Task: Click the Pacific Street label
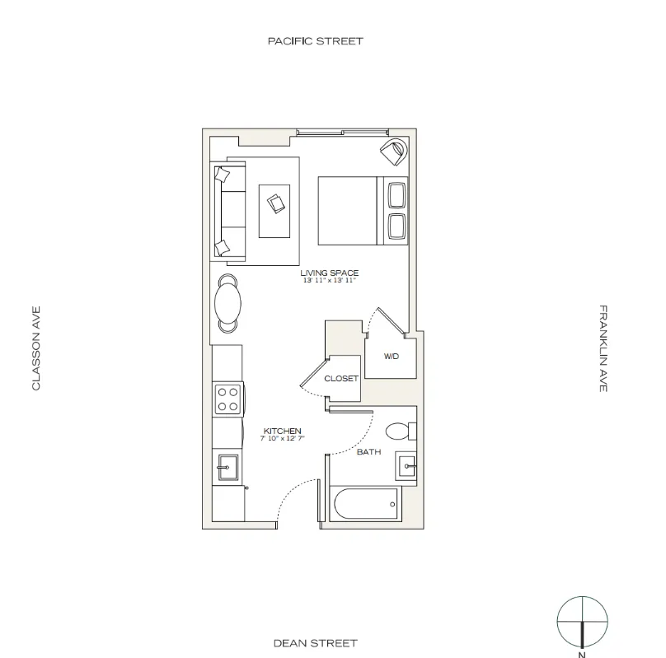(x=315, y=40)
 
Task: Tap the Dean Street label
(x=315, y=642)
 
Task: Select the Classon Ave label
(x=36, y=348)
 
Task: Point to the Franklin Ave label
(x=603, y=348)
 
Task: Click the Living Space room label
(x=330, y=273)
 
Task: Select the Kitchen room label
(x=282, y=431)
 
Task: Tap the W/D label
(x=392, y=357)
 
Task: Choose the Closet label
(x=340, y=379)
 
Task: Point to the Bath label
(x=368, y=451)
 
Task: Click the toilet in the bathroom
(x=401, y=431)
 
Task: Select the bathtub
(x=363, y=503)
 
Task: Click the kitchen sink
(x=226, y=467)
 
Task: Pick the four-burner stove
(x=227, y=399)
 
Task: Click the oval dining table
(x=228, y=303)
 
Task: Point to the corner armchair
(x=393, y=152)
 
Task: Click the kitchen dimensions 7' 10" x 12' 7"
(x=282, y=439)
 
